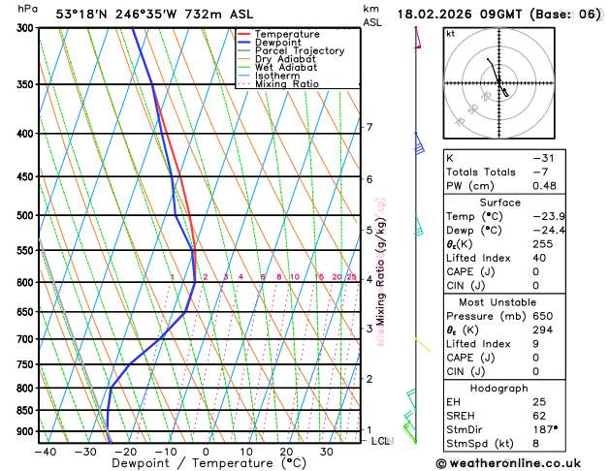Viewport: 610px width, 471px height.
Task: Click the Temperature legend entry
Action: (279, 34)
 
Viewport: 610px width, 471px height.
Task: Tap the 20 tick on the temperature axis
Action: (286, 451)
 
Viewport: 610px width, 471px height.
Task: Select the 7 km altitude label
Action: (369, 127)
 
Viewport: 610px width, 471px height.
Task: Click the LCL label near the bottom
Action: (381, 441)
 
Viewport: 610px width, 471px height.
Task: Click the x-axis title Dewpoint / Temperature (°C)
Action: (184, 463)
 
